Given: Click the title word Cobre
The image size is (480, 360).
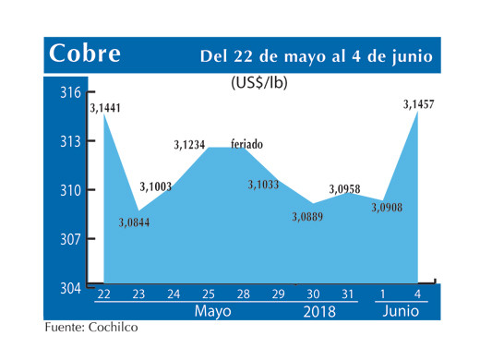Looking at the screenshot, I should pos(85,54).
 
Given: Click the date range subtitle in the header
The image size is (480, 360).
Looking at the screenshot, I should pos(317,56).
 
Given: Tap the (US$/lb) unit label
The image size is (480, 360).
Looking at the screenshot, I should pos(259,82).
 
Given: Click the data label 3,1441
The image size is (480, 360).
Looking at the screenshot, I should pos(105,108).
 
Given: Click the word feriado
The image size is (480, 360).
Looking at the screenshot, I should pos(246,145).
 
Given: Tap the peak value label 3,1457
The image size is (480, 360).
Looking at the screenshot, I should pos(418,106).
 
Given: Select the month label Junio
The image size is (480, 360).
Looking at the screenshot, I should pos(402,312).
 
